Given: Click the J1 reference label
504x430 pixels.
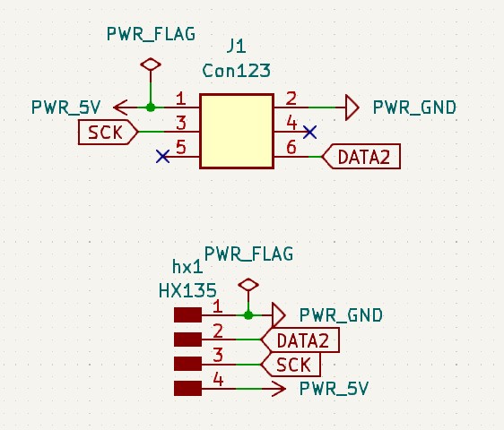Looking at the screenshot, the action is (x=236, y=47).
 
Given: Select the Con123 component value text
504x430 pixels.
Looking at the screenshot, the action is (x=236, y=71).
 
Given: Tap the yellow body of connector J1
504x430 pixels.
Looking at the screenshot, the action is (x=237, y=131).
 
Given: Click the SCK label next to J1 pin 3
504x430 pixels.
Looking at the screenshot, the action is (x=109, y=132).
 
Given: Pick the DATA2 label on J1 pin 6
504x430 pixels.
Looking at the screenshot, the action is (x=361, y=157).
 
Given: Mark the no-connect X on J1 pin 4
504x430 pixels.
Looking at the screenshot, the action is (x=310, y=132).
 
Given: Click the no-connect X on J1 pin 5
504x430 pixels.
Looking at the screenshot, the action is (x=162, y=157).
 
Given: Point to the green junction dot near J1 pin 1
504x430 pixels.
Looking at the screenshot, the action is (x=151, y=107).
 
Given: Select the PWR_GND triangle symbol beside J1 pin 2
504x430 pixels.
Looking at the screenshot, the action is (x=352, y=107).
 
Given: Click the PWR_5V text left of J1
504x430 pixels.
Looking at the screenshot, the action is (x=65, y=107).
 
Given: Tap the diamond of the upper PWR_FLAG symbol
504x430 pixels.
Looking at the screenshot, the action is (x=151, y=64).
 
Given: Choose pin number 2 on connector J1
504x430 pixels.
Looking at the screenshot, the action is (x=291, y=98).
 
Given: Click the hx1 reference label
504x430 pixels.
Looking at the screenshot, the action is (x=187, y=267).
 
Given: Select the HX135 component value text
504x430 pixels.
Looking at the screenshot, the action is (x=187, y=291).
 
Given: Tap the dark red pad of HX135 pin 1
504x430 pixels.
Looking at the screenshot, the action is (x=187, y=314).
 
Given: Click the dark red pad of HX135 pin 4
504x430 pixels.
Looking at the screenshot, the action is (x=187, y=388).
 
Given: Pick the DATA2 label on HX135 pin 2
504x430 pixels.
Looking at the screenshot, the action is (x=300, y=340).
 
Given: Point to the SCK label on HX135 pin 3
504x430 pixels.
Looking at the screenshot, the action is (x=291, y=365).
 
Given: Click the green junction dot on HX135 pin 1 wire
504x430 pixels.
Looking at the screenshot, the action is (x=248, y=315).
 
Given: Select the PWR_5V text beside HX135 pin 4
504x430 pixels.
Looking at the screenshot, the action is (x=334, y=389).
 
